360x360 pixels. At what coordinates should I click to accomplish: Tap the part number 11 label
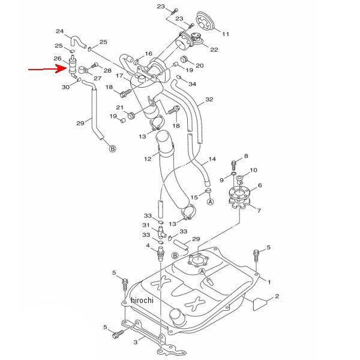tap(226, 34)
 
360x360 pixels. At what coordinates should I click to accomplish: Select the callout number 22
tap(214, 50)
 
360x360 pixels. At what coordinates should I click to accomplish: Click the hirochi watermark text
tap(142, 300)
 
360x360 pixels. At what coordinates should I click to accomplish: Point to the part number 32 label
tap(209, 100)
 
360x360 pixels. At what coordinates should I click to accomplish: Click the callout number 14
tap(212, 159)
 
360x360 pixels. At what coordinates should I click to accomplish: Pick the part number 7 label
tap(259, 211)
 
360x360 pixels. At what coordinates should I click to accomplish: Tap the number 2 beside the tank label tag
tap(277, 296)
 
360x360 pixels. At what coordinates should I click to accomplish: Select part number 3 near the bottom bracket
tap(136, 342)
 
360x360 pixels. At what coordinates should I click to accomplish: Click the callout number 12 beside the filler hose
tap(148, 158)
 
